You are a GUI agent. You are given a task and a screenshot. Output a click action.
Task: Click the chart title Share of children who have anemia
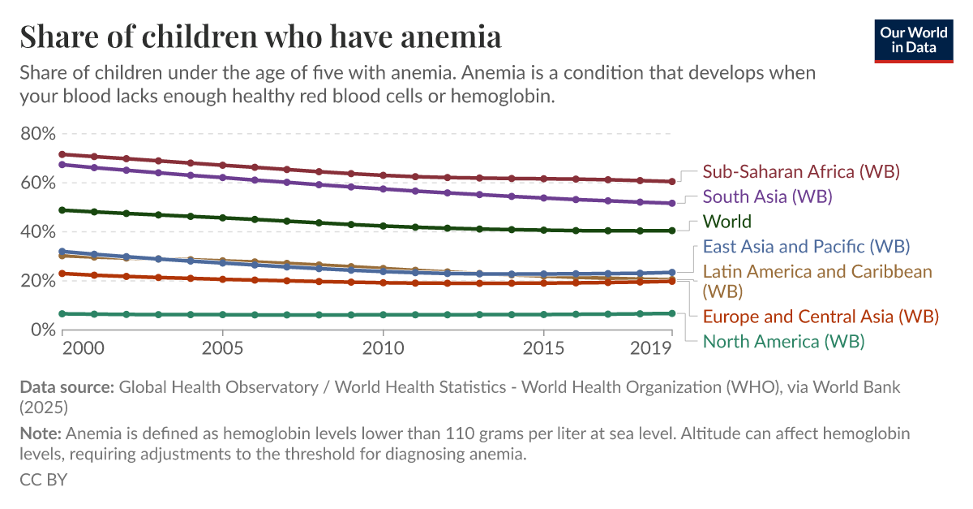pyautogui.click(x=260, y=37)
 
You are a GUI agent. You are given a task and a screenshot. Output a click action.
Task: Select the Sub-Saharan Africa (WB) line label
pyautogui.click(x=801, y=172)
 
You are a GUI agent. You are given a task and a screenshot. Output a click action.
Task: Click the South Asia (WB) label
pyautogui.click(x=767, y=196)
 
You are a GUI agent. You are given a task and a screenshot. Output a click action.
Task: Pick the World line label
pyautogui.click(x=727, y=222)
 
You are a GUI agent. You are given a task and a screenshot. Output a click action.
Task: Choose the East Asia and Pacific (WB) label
pyautogui.click(x=806, y=246)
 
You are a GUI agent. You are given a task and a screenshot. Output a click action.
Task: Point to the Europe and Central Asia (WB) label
pyautogui.click(x=821, y=316)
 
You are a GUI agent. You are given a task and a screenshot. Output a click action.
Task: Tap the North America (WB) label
pyautogui.click(x=783, y=341)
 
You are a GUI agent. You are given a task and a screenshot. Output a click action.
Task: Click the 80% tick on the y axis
pyautogui.click(x=37, y=133)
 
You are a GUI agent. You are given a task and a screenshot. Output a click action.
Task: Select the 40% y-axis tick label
pyautogui.click(x=37, y=231)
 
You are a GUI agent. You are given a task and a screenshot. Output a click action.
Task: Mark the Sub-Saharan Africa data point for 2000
pyautogui.click(x=62, y=154)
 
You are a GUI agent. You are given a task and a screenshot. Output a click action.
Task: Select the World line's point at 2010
pyautogui.click(x=383, y=226)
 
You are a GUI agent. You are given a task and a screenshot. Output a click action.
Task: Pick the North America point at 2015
pyautogui.click(x=543, y=314)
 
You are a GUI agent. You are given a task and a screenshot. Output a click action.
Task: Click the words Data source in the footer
pyautogui.click(x=66, y=387)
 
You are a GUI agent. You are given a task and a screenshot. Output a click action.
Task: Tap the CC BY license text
pyautogui.click(x=43, y=479)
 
